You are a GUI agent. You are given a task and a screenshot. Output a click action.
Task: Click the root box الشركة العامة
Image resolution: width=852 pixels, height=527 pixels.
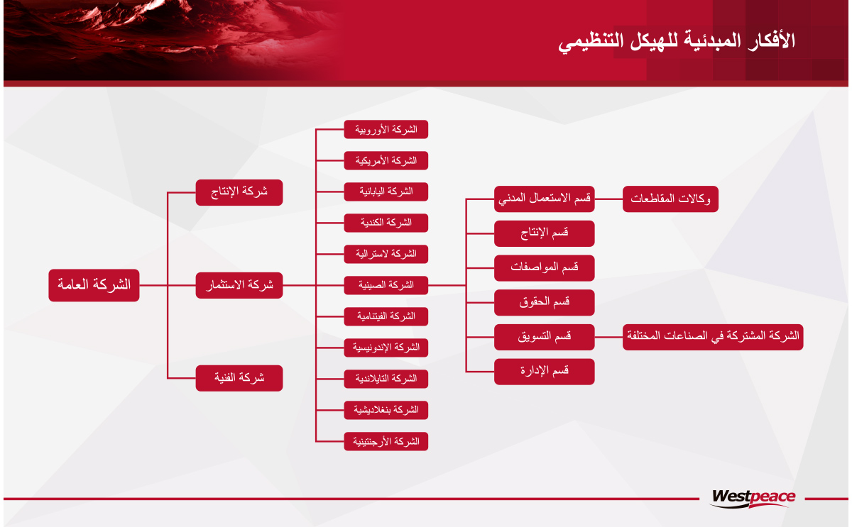tap(94, 285)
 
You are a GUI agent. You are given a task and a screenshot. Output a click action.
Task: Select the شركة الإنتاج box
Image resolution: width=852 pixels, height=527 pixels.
tap(239, 193)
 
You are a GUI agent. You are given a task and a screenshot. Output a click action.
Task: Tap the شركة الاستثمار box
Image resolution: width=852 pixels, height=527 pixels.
tap(239, 285)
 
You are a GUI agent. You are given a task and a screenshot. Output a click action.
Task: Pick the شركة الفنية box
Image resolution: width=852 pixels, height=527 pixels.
tap(239, 378)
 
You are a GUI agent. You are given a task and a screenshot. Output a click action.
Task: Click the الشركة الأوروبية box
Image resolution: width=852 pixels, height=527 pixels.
tap(386, 130)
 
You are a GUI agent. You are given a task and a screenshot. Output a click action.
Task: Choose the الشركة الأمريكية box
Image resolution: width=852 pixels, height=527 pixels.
tap(386, 161)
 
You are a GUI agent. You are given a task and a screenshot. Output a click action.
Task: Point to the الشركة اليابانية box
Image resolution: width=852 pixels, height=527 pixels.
tap(386, 192)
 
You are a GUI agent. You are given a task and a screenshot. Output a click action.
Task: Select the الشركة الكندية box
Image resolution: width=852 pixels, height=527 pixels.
tap(386, 223)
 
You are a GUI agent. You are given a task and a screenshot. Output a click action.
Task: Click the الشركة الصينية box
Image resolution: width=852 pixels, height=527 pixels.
tap(386, 285)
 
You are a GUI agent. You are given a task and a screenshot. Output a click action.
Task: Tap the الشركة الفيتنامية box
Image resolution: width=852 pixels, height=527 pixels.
tap(386, 316)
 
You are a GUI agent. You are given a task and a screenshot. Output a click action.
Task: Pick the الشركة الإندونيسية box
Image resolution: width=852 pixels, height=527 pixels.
tap(386, 348)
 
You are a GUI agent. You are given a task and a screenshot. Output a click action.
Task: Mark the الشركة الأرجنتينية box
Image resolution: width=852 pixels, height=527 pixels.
tap(386, 441)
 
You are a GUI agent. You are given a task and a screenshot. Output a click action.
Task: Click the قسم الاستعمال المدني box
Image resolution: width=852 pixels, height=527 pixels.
tap(545, 199)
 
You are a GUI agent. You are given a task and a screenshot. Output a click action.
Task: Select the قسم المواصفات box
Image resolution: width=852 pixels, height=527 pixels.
tap(545, 268)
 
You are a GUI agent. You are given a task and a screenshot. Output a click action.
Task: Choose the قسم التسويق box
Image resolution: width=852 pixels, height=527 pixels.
tap(545, 337)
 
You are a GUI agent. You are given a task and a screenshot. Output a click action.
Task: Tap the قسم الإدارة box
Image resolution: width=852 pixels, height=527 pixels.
tap(545, 372)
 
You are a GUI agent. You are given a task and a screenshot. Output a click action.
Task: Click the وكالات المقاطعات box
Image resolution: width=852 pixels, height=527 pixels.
tap(670, 199)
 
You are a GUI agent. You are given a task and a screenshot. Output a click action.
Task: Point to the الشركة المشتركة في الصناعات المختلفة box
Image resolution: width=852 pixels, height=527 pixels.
tap(713, 337)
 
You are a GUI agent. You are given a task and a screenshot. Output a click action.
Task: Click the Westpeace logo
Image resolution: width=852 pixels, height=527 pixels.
tap(753, 498)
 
